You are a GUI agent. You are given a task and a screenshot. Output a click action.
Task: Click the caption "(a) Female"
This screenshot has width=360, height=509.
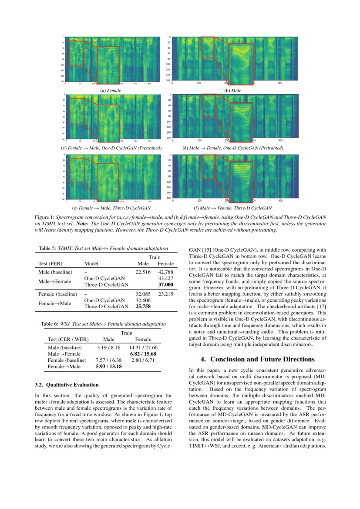(x=111, y=91)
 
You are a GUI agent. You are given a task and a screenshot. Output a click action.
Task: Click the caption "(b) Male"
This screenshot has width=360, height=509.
(x=232, y=91)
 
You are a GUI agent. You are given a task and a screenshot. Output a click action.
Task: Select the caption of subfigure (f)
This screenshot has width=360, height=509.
(x=232, y=208)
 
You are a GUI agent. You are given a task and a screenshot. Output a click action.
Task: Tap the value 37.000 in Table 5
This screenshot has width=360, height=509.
(x=166, y=285)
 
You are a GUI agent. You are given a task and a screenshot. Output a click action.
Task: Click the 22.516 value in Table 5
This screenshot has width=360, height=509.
(x=143, y=272)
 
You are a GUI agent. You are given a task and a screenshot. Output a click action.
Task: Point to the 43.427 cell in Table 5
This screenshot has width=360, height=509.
(x=166, y=278)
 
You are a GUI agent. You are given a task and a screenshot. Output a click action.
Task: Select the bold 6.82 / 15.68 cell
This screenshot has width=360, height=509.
(x=143, y=354)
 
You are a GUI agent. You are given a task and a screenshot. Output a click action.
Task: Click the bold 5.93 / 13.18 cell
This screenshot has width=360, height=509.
(x=108, y=367)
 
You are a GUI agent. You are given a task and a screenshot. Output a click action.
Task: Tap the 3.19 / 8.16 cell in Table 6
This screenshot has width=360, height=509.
(x=108, y=347)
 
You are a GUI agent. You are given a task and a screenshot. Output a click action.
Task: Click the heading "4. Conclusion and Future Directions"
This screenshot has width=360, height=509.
(x=257, y=359)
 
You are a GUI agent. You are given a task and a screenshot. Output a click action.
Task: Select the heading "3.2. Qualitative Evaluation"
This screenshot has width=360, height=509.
(x=66, y=385)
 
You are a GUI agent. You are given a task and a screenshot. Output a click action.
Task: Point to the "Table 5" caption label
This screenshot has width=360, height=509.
(x=48, y=249)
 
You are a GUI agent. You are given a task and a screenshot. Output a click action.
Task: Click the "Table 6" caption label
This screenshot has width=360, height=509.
(x=49, y=324)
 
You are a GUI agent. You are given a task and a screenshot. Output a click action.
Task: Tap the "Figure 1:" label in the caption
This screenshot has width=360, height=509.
(x=44, y=217)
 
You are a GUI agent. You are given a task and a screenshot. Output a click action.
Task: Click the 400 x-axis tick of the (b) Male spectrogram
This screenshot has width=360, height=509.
(x=280, y=82)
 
